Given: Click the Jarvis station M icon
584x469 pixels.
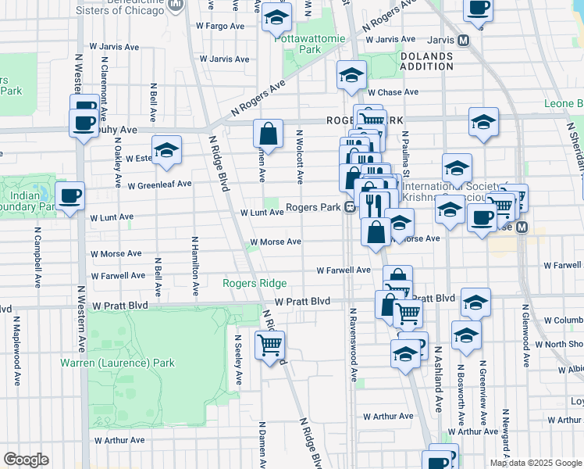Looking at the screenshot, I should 464,40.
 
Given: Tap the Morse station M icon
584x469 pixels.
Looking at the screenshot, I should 522,227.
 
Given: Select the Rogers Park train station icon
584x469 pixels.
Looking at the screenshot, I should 351,207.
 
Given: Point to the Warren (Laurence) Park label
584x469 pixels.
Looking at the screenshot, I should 118,363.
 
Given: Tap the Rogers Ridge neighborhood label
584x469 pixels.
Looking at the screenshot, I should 255,283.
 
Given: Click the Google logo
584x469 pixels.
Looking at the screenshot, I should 26,460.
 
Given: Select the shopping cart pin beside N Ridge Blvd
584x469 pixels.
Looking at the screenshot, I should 269,343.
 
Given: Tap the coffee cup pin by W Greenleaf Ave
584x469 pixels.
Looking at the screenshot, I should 69,195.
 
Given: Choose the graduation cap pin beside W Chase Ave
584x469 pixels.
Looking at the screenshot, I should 352,75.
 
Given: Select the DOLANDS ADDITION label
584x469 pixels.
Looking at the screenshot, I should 426,63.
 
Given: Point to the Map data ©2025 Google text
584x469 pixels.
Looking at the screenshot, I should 535,463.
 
